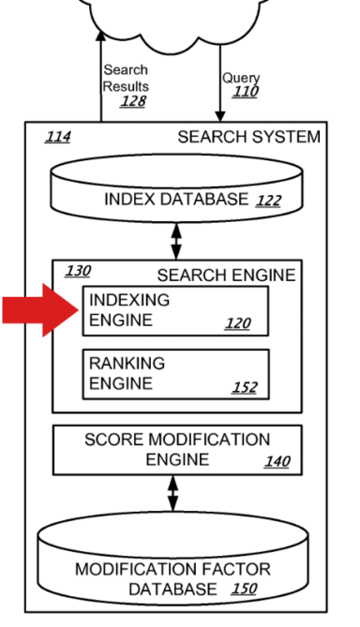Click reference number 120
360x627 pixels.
(x=238, y=323)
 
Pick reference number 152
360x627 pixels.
(x=245, y=386)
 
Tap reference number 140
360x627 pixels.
(x=277, y=461)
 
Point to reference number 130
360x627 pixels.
(x=78, y=272)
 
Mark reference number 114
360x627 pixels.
(x=58, y=138)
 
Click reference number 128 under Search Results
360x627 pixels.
(x=133, y=100)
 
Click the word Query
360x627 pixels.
(x=239, y=78)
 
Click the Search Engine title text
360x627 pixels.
(x=226, y=275)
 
